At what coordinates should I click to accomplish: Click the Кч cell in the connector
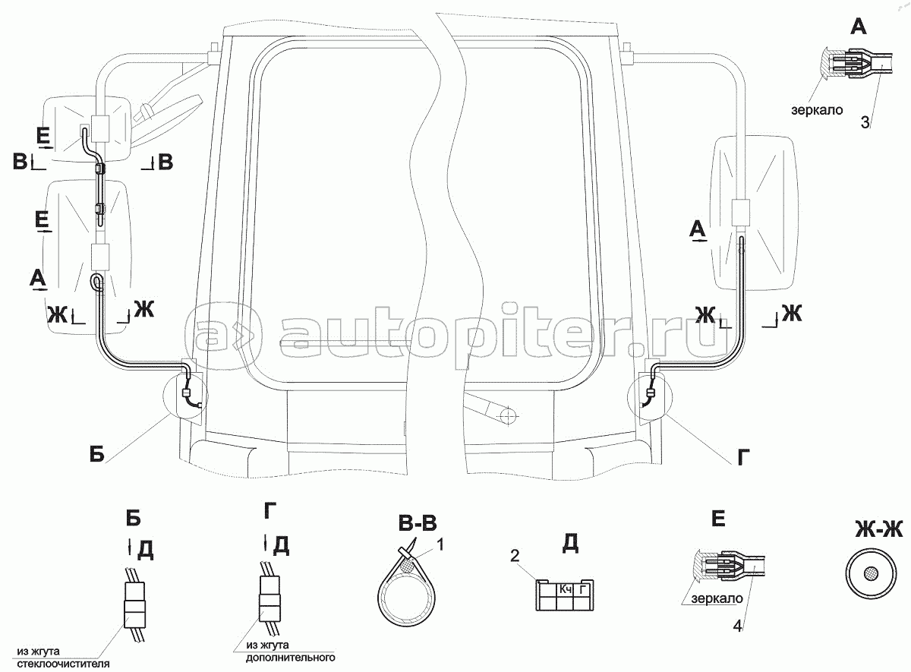(x=565, y=588)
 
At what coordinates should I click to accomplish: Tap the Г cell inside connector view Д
(x=583, y=588)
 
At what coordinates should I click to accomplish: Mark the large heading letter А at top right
(x=857, y=27)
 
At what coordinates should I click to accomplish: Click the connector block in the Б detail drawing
(x=134, y=599)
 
